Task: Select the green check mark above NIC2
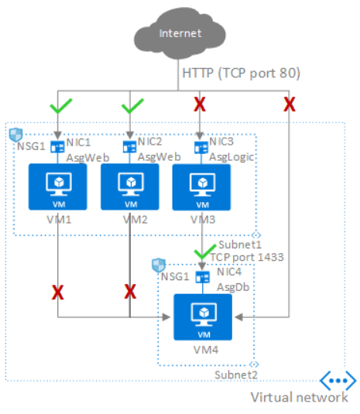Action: click(130, 104)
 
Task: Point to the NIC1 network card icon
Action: click(57, 145)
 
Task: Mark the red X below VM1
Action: click(58, 292)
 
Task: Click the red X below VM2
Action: click(130, 292)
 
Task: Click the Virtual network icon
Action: click(337, 381)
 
